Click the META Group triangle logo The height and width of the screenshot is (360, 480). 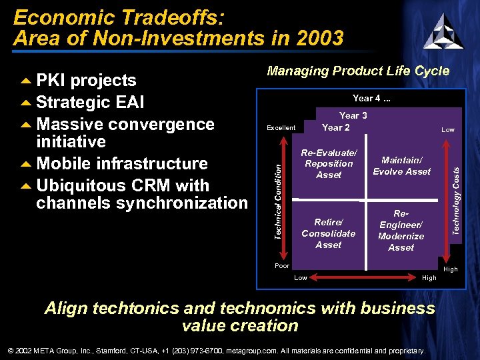(x=443, y=31)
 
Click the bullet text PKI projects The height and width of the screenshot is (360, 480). (x=86, y=81)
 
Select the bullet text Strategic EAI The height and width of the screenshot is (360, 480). (x=90, y=103)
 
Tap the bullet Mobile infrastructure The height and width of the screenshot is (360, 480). (x=121, y=164)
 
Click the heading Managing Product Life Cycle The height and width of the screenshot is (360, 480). (x=358, y=71)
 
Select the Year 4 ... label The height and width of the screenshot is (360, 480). (x=371, y=99)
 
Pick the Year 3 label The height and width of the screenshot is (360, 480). (x=353, y=115)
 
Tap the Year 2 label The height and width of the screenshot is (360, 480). (x=336, y=127)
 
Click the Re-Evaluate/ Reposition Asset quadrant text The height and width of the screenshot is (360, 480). (x=329, y=164)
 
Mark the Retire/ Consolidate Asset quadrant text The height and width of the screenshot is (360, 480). (x=329, y=233)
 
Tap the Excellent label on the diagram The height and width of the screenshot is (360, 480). (x=281, y=127)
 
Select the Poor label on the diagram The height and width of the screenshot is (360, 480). (x=282, y=266)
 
